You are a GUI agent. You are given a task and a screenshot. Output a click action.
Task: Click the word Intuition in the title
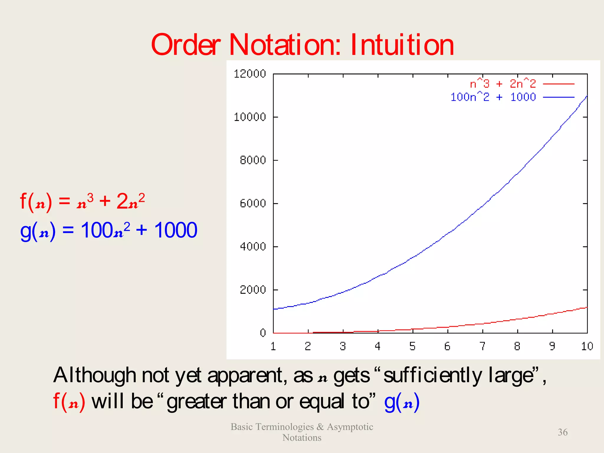click(402, 45)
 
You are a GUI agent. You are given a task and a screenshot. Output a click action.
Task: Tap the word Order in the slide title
click(186, 45)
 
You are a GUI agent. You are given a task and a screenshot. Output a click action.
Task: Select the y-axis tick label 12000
click(250, 74)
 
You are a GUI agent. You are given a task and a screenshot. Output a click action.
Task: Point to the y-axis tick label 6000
click(253, 203)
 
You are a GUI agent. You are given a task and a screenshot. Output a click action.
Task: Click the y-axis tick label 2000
click(253, 290)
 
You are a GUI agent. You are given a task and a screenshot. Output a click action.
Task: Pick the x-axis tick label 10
click(587, 346)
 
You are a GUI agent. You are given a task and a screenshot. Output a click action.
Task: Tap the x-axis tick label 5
click(412, 346)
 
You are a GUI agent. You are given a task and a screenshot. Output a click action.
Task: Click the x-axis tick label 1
click(273, 346)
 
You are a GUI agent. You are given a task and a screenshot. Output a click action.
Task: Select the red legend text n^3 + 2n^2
click(503, 84)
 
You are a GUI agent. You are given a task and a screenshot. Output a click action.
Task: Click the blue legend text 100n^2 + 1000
click(493, 97)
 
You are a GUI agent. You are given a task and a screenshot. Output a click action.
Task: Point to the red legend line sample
click(559, 84)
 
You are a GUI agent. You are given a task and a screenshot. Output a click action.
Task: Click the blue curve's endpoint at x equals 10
click(587, 96)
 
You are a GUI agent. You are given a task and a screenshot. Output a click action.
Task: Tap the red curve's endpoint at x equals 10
click(587, 307)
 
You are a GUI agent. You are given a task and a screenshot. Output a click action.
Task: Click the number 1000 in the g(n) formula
click(176, 230)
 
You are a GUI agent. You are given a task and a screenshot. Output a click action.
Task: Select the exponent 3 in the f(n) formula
click(90, 198)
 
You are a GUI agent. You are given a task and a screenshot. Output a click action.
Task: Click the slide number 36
click(562, 432)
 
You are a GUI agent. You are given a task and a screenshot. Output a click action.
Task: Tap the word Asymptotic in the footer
click(350, 427)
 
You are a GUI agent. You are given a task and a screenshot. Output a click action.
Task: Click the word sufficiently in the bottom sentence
click(433, 376)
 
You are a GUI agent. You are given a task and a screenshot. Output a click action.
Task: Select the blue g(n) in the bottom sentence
click(402, 402)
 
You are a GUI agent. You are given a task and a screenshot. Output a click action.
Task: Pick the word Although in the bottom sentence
click(94, 376)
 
